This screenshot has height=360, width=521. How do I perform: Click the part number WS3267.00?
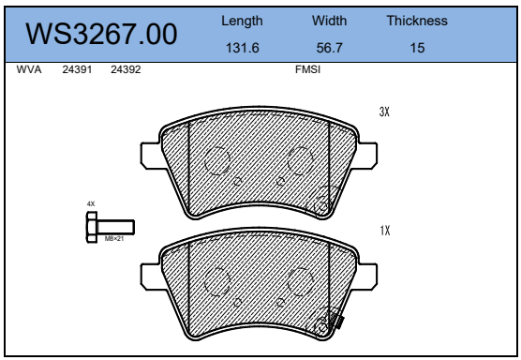click(101, 34)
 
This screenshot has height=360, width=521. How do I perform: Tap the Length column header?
click(242, 22)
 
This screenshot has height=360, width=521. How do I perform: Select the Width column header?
click(329, 21)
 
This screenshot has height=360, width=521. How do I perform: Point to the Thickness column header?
click(417, 21)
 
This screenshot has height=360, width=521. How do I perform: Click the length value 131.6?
click(242, 48)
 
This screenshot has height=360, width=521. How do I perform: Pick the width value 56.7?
click(329, 48)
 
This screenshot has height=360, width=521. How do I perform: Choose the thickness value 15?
click(417, 48)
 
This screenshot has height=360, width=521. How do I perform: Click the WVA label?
click(29, 69)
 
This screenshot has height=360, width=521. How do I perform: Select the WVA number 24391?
click(77, 69)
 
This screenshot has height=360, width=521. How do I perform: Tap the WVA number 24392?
click(126, 69)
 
